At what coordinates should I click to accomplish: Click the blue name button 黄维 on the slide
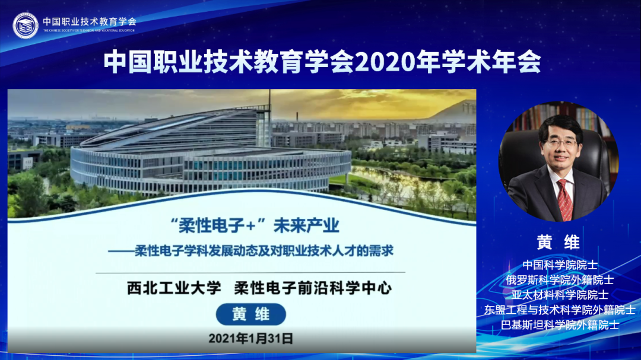point(250,315)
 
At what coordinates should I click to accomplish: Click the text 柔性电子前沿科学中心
point(313,289)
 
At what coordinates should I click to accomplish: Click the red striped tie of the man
point(564,200)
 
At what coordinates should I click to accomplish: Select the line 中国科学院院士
point(560,265)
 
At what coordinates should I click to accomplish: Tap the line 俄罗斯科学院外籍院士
point(560,279)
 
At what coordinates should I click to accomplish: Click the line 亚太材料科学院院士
point(560,294)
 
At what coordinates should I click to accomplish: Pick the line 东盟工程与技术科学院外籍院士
point(560,309)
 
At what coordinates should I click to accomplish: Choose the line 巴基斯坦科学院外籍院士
point(560,324)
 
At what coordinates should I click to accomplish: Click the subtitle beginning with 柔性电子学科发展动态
point(264,250)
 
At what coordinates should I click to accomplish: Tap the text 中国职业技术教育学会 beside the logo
point(89,21)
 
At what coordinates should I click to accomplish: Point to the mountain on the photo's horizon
point(451,111)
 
